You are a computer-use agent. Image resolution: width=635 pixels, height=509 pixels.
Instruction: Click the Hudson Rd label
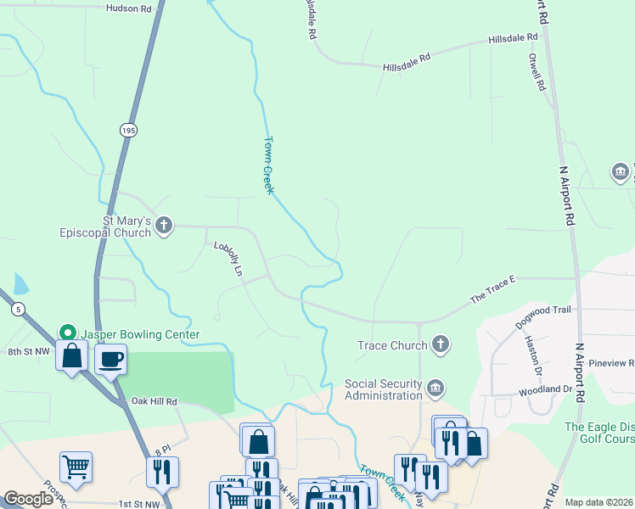[128, 8]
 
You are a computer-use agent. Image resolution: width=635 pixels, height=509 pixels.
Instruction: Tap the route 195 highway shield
[127, 130]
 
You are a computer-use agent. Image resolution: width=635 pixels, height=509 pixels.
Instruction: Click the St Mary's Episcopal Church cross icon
[165, 226]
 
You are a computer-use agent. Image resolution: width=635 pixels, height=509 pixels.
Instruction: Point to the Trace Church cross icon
[440, 344]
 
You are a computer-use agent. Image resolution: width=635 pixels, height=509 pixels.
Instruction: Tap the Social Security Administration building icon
[436, 389]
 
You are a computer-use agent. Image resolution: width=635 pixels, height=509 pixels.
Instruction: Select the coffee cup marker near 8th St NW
[110, 359]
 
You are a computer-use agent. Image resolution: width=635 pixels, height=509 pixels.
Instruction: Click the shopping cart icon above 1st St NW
[76, 466]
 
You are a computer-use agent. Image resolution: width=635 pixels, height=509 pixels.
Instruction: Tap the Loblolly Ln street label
[228, 260]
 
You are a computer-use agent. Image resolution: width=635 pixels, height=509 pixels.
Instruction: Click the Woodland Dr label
[545, 389]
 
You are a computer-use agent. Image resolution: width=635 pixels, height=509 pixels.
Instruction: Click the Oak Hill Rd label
[154, 401]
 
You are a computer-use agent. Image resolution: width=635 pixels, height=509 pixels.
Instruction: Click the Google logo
[28, 499]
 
